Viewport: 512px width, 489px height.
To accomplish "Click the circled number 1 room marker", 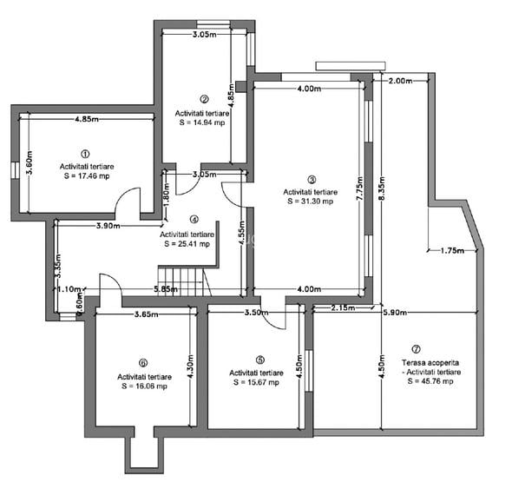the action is click(x=85, y=154).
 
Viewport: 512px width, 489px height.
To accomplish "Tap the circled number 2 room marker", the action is click(x=204, y=99).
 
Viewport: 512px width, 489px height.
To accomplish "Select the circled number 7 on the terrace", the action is click(x=416, y=349).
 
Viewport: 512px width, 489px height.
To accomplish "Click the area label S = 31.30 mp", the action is click(x=310, y=202).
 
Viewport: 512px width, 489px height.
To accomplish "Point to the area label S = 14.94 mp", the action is click(x=202, y=122).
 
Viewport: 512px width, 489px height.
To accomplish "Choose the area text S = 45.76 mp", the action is click(x=430, y=381).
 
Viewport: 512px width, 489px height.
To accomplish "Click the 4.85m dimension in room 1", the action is click(x=87, y=119).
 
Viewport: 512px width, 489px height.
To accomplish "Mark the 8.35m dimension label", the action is click(x=382, y=188).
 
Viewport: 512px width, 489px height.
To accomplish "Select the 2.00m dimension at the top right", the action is click(x=400, y=81).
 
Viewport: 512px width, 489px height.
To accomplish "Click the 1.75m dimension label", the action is click(x=452, y=251).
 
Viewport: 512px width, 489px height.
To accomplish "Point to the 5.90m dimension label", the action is click(x=395, y=313).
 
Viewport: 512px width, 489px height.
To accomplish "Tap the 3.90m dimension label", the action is click(x=108, y=226).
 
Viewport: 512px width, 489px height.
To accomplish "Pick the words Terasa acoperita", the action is click(x=430, y=362).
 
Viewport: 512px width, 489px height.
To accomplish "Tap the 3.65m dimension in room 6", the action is click(x=147, y=314).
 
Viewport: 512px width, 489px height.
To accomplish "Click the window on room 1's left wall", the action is click(x=16, y=170).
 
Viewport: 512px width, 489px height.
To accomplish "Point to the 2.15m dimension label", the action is click(x=343, y=307).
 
